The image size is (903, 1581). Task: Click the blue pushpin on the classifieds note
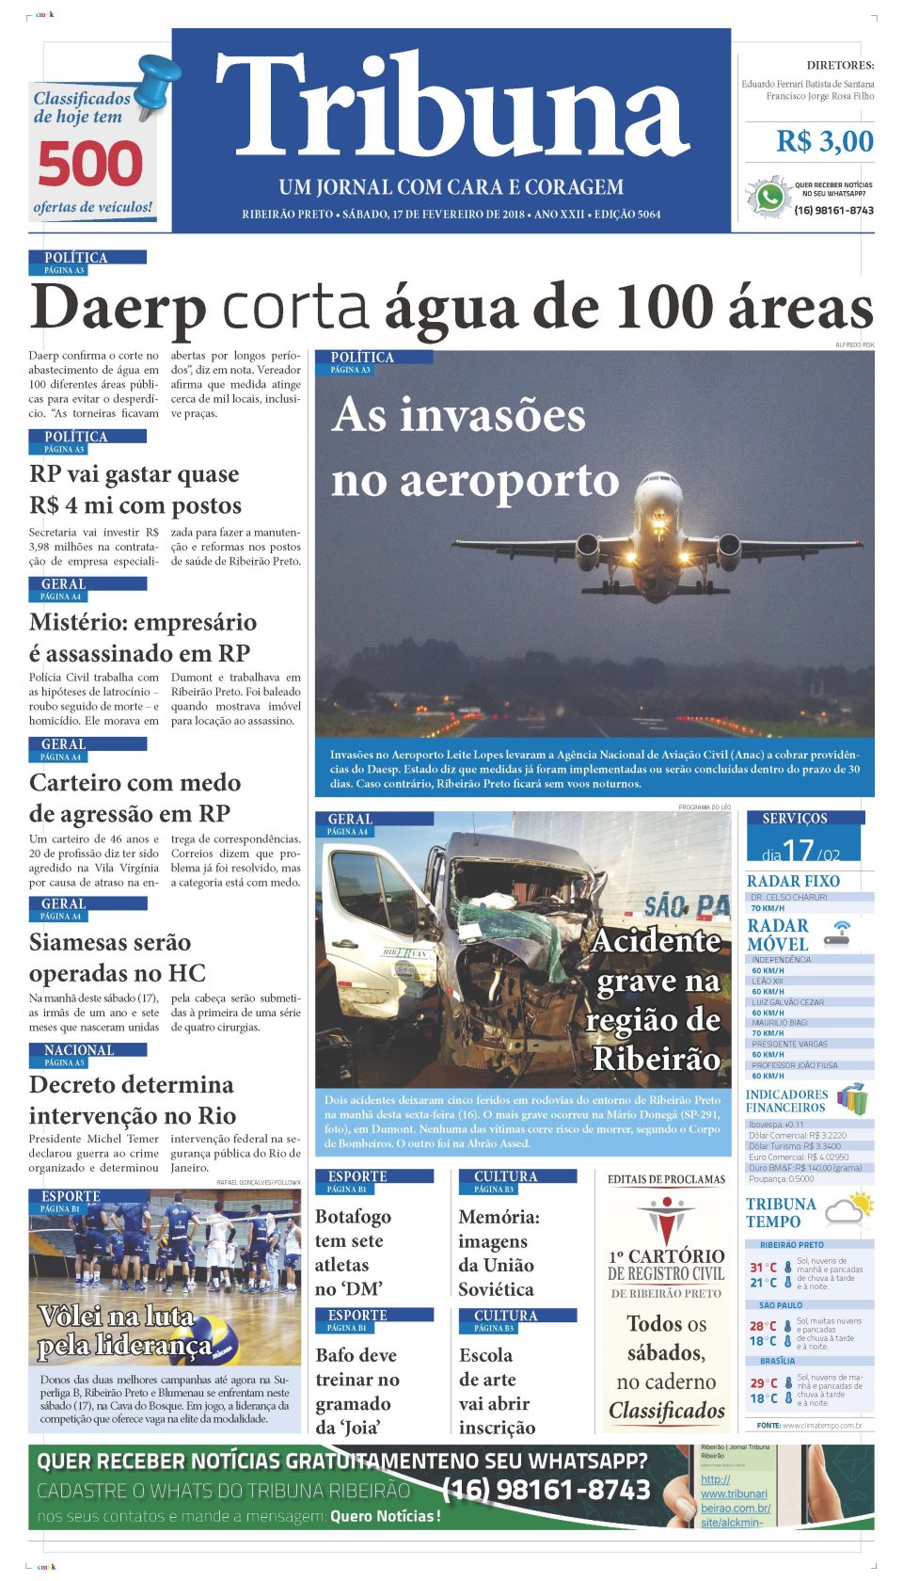161,79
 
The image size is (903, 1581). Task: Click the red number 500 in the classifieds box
90,165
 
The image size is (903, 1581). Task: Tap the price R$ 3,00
824,142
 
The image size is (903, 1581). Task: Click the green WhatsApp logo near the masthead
769,197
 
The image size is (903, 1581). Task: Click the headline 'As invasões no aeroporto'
475,448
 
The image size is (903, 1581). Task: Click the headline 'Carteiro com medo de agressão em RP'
135,798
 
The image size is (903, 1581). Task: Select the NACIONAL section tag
79,1050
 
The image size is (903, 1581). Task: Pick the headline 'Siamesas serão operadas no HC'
118,958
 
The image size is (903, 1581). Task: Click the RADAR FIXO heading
793,882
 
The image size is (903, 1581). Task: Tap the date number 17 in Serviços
798,851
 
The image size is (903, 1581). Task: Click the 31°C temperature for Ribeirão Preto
763,1268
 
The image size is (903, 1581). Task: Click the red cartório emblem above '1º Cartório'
666,1220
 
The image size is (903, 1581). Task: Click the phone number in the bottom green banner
546,1490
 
